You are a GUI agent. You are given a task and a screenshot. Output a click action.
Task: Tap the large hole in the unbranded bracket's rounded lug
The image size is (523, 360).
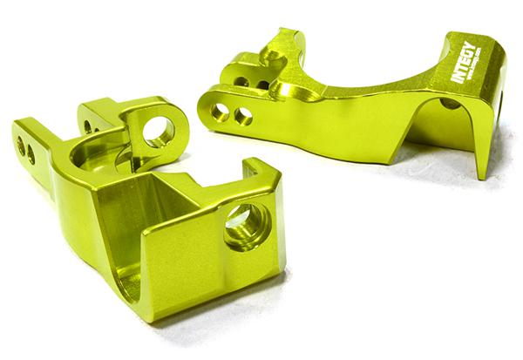click(159, 131)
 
